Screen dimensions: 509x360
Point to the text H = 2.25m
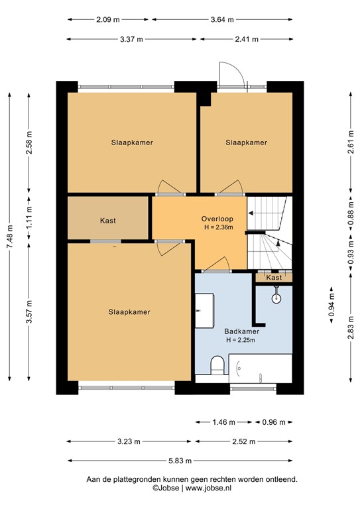(240, 341)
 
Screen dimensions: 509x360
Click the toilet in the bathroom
(215, 365)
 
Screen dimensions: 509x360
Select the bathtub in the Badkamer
(260, 368)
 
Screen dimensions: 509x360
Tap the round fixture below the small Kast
(276, 299)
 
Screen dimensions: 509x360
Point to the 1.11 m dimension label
(29, 218)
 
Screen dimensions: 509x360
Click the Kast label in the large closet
(108, 221)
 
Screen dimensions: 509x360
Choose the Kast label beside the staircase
(274, 278)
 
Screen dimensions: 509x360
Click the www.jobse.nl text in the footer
(209, 488)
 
